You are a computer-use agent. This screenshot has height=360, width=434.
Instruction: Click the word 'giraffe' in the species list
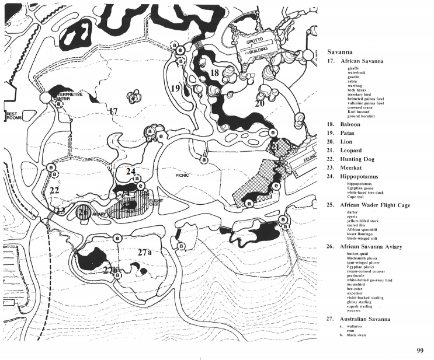coord(354,69)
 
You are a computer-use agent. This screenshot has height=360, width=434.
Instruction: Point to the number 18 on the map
coord(214,72)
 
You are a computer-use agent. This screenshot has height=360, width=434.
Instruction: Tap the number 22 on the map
coord(54,190)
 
